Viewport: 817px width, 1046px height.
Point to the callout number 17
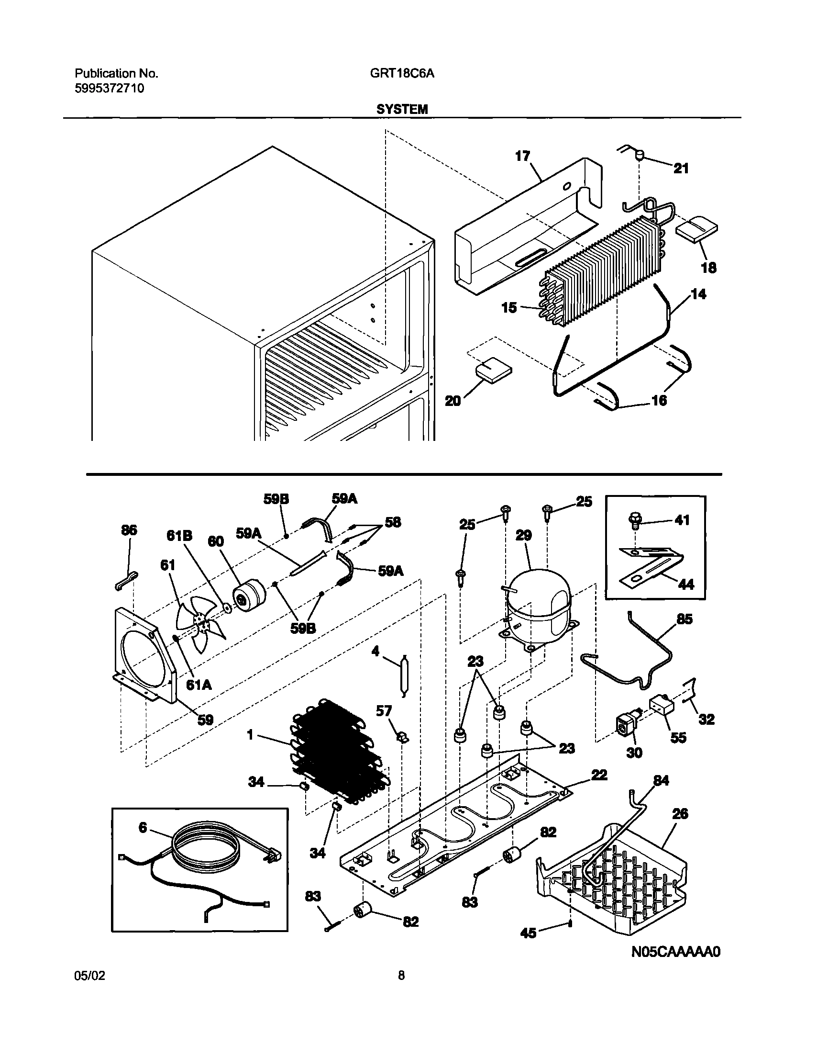tap(522, 156)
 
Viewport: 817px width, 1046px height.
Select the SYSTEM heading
tap(401, 109)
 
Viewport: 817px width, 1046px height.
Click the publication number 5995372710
tap(109, 89)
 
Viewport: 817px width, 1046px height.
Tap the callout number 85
tap(684, 619)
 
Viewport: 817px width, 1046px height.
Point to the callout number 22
tap(599, 775)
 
